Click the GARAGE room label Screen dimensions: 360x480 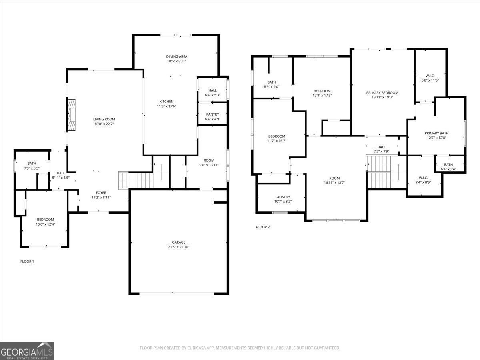(178, 242)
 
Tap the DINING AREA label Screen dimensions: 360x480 (176, 56)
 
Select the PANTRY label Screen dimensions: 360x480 (212, 114)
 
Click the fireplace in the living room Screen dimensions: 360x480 (72, 114)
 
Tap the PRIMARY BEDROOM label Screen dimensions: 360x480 (382, 93)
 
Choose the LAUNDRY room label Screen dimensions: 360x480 (283, 197)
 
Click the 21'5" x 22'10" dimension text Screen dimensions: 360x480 (178, 247)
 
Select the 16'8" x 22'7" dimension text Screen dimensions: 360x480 (104, 124)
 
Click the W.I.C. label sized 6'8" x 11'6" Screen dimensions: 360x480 (430, 76)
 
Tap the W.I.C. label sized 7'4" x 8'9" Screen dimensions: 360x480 (423, 178)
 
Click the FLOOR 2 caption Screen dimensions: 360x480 (263, 227)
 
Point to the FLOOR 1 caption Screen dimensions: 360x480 (27, 262)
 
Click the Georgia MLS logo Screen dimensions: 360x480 (27, 351)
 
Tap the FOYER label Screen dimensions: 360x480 (101, 193)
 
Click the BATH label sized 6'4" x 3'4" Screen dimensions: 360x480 (448, 164)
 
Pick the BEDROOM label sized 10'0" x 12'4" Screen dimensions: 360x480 (45, 219)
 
